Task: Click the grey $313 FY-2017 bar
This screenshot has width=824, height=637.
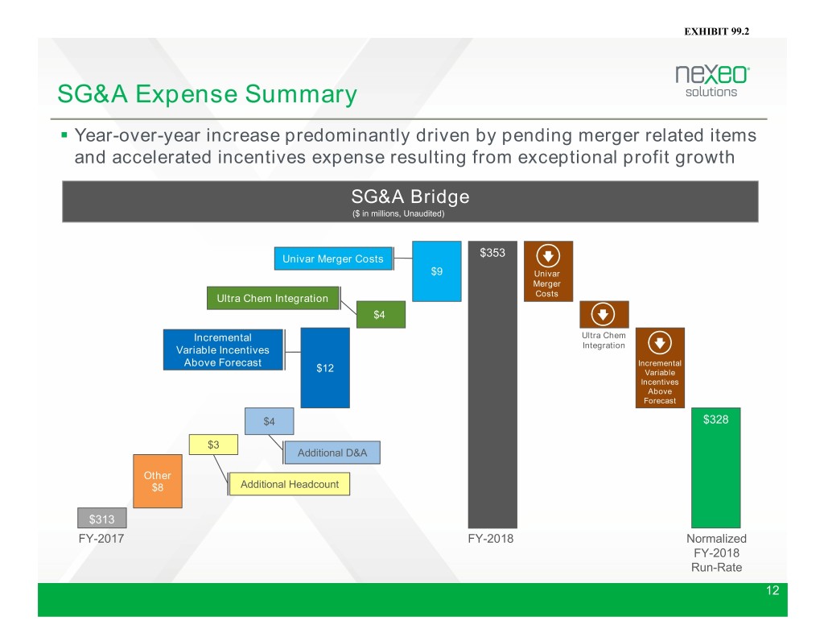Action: tap(102, 518)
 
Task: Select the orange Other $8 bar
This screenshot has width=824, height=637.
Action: tap(158, 482)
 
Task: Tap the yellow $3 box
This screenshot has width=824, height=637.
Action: tap(213, 445)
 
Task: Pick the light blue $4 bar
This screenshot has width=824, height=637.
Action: tap(269, 421)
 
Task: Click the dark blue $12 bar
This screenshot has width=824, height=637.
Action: tap(325, 368)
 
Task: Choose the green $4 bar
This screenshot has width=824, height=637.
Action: tap(381, 315)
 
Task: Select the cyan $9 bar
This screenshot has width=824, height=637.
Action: tap(436, 271)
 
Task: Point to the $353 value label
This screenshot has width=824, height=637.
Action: tap(492, 253)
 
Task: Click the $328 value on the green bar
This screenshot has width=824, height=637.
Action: tap(715, 420)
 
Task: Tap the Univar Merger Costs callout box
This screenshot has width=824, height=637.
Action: tap(333, 259)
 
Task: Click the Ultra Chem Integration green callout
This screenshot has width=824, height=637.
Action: tap(273, 298)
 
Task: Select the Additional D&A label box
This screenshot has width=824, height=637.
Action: tap(332, 453)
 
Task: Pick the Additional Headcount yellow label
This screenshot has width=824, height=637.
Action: tap(290, 484)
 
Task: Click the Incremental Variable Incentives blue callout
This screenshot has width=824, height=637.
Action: tap(223, 350)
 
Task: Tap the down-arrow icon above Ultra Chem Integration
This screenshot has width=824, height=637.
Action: tap(603, 315)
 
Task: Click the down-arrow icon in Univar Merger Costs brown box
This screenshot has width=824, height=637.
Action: tap(547, 256)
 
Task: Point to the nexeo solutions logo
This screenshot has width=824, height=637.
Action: tap(712, 81)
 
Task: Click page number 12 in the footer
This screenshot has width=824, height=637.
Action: tap(772, 590)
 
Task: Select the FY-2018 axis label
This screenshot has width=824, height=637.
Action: tap(491, 539)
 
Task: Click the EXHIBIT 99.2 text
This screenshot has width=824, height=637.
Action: tap(717, 31)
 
